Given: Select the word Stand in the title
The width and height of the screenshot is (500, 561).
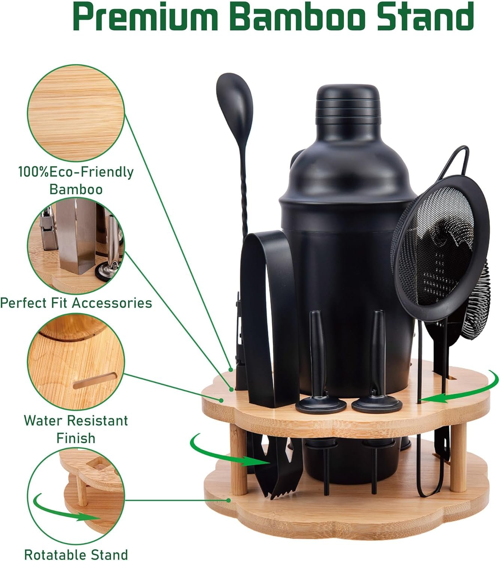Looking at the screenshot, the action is tap(425, 16).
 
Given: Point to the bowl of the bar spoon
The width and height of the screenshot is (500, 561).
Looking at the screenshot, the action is tap(235, 104).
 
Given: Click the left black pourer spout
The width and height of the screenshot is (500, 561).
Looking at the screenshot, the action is tap(320, 360).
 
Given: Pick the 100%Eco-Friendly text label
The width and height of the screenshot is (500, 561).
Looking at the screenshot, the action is tap(76, 172).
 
